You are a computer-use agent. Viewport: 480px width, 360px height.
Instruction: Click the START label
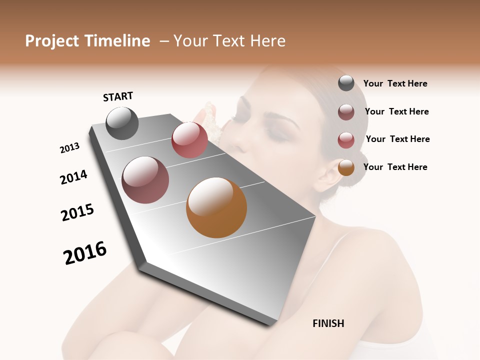click(118, 96)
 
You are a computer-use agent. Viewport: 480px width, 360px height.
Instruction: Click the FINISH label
click(328, 323)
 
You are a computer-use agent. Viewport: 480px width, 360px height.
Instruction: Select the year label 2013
click(69, 148)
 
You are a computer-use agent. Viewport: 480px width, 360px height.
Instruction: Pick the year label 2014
click(73, 177)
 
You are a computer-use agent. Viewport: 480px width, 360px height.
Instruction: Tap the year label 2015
click(77, 212)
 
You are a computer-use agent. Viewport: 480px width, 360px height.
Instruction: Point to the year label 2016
click(85, 252)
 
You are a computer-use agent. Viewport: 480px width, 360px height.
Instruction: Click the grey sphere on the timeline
click(122, 123)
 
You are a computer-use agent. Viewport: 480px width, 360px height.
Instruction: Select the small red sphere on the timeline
click(189, 140)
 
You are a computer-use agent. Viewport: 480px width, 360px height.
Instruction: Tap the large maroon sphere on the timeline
click(145, 180)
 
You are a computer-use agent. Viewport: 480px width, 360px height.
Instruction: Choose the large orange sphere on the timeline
click(216, 207)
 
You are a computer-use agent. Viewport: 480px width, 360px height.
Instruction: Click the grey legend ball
click(346, 83)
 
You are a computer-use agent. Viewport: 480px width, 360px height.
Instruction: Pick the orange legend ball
click(346, 167)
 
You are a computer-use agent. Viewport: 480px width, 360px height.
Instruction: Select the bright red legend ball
click(346, 140)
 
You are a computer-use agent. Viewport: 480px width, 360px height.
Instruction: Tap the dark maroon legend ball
click(346, 112)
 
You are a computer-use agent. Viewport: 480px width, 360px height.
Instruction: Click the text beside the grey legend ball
click(395, 83)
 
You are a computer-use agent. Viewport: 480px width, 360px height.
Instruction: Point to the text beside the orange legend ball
click(395, 167)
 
